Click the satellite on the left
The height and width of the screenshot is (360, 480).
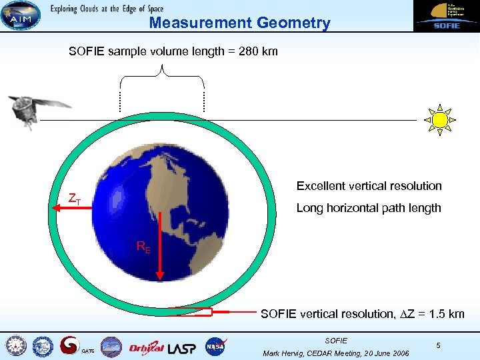(37, 111)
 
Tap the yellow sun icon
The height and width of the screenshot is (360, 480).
(439, 119)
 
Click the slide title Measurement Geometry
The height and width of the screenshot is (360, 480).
(239, 23)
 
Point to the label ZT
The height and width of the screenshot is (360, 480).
(75, 199)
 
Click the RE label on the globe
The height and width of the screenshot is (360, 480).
(143, 247)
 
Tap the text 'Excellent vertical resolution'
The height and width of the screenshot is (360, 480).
(369, 186)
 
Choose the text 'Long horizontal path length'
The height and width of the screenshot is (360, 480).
(368, 208)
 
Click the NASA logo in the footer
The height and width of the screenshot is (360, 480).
(215, 347)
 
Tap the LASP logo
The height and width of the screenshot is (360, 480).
(182, 347)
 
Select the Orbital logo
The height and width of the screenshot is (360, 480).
(146, 347)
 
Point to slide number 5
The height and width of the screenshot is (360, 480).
(438, 345)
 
